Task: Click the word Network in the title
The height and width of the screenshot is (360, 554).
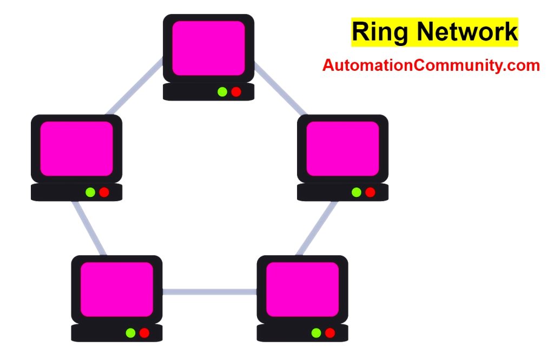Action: pos(461,32)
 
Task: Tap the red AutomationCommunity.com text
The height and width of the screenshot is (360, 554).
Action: pos(431,65)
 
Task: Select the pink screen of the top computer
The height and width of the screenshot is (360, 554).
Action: pos(208,48)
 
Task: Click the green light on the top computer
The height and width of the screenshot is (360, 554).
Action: pos(222,91)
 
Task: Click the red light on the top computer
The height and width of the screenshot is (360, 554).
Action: pos(236,91)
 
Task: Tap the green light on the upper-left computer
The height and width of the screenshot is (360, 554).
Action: pos(90,192)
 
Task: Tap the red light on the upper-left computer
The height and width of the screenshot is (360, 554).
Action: pos(104,192)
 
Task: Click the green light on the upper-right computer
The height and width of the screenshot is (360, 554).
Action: pos(356,192)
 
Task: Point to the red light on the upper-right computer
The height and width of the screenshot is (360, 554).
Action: pos(370,192)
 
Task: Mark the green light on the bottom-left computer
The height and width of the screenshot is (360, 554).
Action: pos(130,332)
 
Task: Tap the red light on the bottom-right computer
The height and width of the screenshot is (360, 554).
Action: pos(329,332)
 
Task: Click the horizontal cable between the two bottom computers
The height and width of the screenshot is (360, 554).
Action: pos(209,292)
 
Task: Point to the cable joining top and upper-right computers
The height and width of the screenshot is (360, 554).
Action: pos(280,89)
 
